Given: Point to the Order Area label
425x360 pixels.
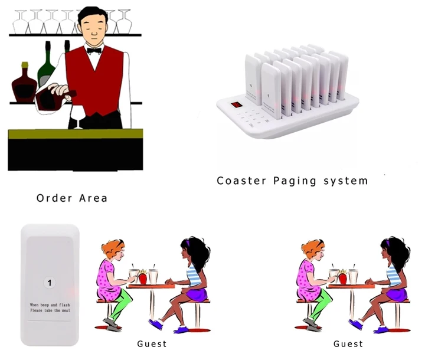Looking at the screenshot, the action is tap(72, 198).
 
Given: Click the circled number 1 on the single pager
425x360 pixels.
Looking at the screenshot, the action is tap(50, 283).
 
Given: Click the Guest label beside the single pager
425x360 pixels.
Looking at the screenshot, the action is tap(152, 343).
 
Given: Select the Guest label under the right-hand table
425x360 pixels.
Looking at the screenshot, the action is tap(348, 343).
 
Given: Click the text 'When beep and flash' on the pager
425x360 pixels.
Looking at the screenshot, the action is tap(50, 304).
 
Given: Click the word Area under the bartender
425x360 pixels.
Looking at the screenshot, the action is tap(94, 198).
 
